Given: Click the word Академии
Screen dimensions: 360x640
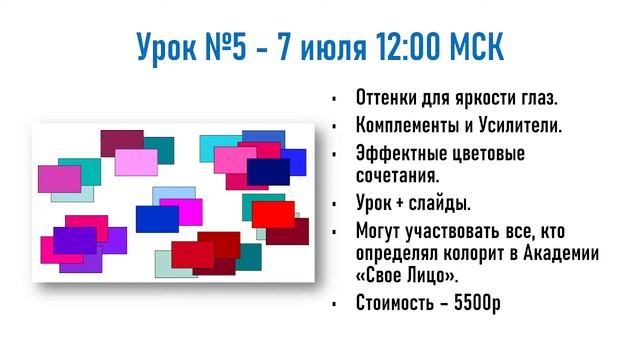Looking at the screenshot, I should pyautogui.click(x=562, y=253).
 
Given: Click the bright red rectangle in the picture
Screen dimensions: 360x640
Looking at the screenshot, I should pyautogui.click(x=272, y=214).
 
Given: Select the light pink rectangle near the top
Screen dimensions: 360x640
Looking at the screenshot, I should pyautogui.click(x=136, y=161).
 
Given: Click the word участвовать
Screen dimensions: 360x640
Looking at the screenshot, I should pyautogui.click(x=453, y=229).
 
